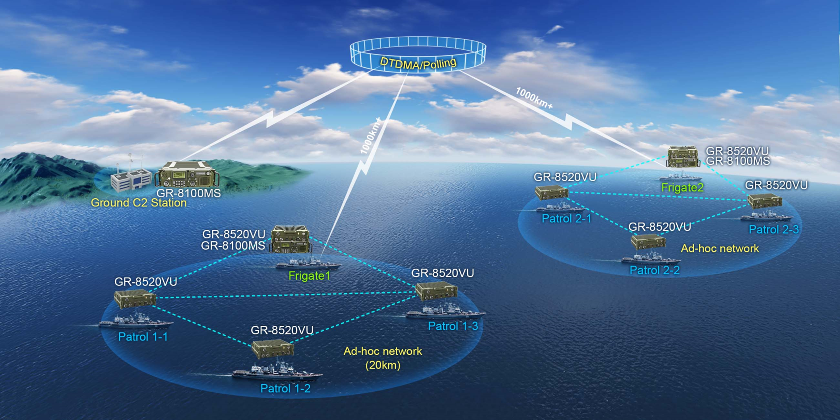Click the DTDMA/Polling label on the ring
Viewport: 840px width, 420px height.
click(x=418, y=63)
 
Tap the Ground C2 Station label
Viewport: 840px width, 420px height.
click(x=139, y=203)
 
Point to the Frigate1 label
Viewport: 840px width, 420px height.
click(x=309, y=276)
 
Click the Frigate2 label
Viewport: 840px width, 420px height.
click(x=682, y=187)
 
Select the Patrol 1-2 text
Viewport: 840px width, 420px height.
click(x=285, y=389)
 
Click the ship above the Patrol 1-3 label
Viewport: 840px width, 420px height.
click(x=445, y=311)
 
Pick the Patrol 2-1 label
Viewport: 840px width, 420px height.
click(x=566, y=218)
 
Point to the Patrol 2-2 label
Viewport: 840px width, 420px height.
click(x=654, y=270)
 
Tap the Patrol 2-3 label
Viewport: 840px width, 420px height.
click(x=773, y=229)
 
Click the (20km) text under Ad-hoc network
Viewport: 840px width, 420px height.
click(x=383, y=365)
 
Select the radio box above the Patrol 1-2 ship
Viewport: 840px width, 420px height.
click(x=273, y=348)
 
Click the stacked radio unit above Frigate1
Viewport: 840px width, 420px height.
click(x=290, y=239)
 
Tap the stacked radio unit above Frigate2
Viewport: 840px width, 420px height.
click(x=683, y=157)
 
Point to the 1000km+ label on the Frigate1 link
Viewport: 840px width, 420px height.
click(x=370, y=136)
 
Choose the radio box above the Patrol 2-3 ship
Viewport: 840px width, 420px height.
click(x=764, y=201)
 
